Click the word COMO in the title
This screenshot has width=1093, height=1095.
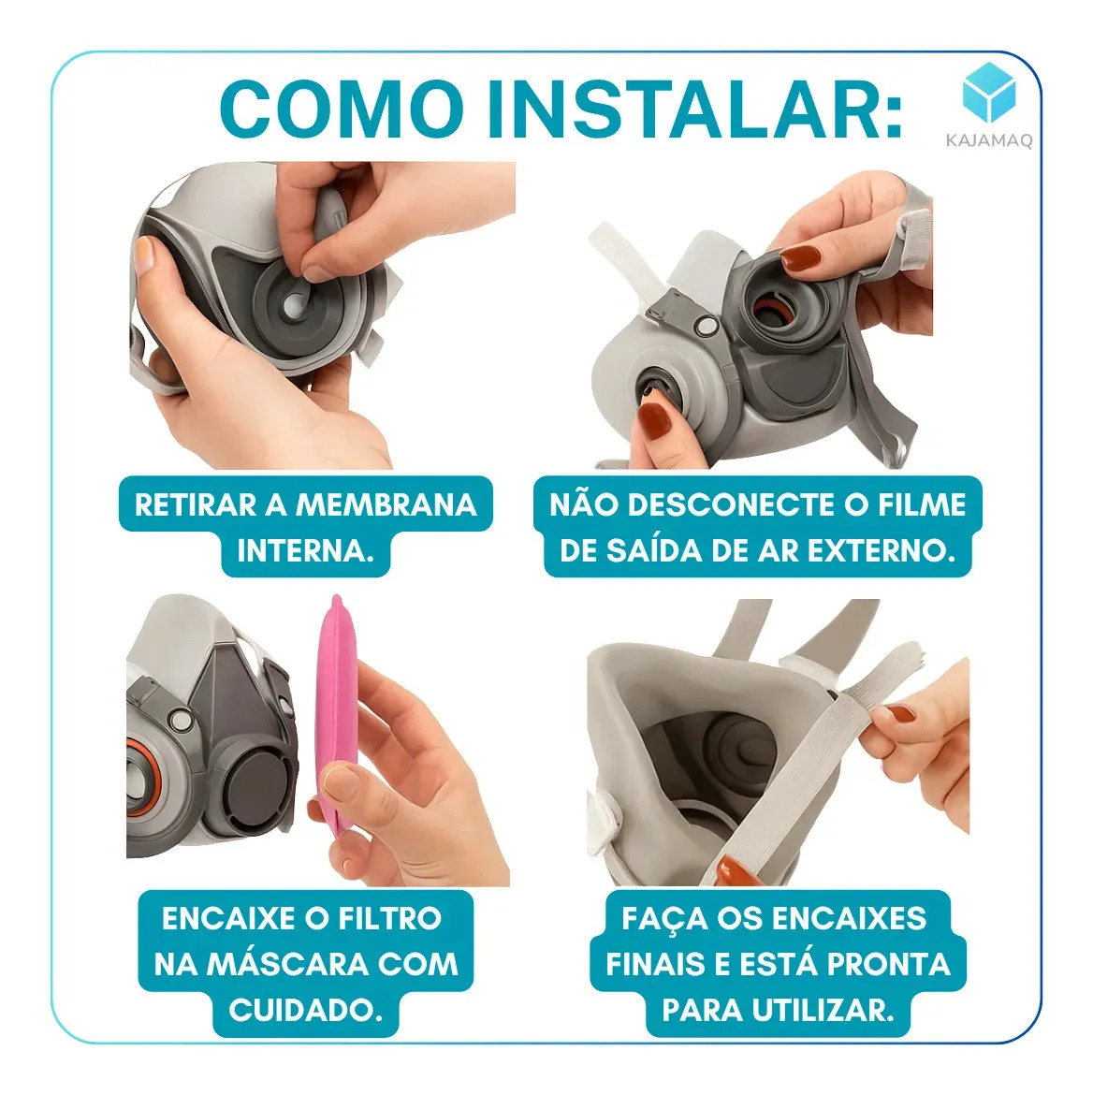[x=342, y=110]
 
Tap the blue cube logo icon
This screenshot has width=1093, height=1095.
[x=989, y=93]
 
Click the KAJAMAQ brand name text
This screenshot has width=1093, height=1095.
[x=989, y=140]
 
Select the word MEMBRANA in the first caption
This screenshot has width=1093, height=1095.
[x=386, y=504]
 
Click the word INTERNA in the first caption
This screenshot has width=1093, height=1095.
[x=306, y=551]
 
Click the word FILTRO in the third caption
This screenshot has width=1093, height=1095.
[x=389, y=918]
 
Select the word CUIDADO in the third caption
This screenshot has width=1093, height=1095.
[x=306, y=1010]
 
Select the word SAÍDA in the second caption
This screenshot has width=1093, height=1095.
[x=654, y=551]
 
